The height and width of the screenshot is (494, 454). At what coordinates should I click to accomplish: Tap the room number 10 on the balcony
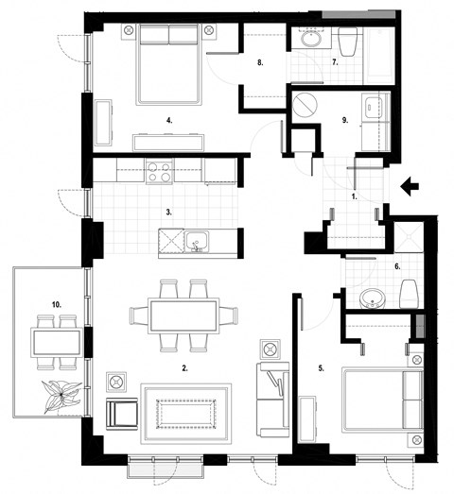pos(57,304)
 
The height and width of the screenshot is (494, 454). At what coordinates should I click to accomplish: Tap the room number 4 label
pos(168,121)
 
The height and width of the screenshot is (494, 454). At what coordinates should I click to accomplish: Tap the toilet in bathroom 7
pos(345,41)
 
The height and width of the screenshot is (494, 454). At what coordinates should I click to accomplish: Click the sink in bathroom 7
pos(311,41)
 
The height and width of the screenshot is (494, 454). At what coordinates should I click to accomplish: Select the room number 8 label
pos(260,63)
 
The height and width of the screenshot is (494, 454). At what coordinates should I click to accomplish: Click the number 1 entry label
pos(353,198)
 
